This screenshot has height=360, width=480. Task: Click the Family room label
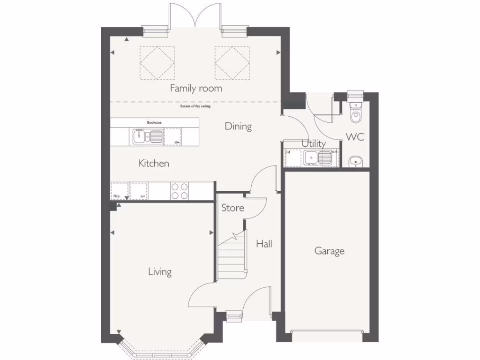pyautogui.click(x=196, y=88)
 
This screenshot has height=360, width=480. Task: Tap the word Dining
pyautogui.click(x=238, y=126)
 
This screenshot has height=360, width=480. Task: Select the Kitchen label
pyautogui.click(x=154, y=164)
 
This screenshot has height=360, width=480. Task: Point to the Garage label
pyautogui.click(x=329, y=251)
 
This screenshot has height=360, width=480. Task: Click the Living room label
pyautogui.click(x=160, y=271)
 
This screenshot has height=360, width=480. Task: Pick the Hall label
pyautogui.click(x=264, y=244)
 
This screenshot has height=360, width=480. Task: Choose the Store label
pyautogui.click(x=232, y=207)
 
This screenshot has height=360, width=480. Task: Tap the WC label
pyautogui.click(x=355, y=137)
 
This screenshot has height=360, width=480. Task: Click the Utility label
pyautogui.click(x=314, y=143)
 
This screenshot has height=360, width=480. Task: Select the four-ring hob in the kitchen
pyautogui.click(x=179, y=191)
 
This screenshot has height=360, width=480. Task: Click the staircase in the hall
pyautogui.click(x=231, y=255)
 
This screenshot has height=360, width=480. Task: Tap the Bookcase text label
pyautogui.click(x=154, y=122)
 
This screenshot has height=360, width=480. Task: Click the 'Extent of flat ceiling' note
pyautogui.click(x=195, y=106)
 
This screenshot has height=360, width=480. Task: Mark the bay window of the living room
pyautogui.click(x=160, y=349)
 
